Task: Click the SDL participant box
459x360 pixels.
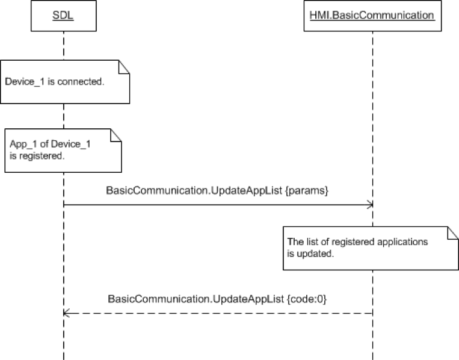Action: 63,15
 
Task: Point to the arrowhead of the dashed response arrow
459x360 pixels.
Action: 66,313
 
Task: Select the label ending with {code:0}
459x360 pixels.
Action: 217,299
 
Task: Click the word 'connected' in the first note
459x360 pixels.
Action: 84,81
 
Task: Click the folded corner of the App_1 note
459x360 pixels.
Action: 116,135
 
